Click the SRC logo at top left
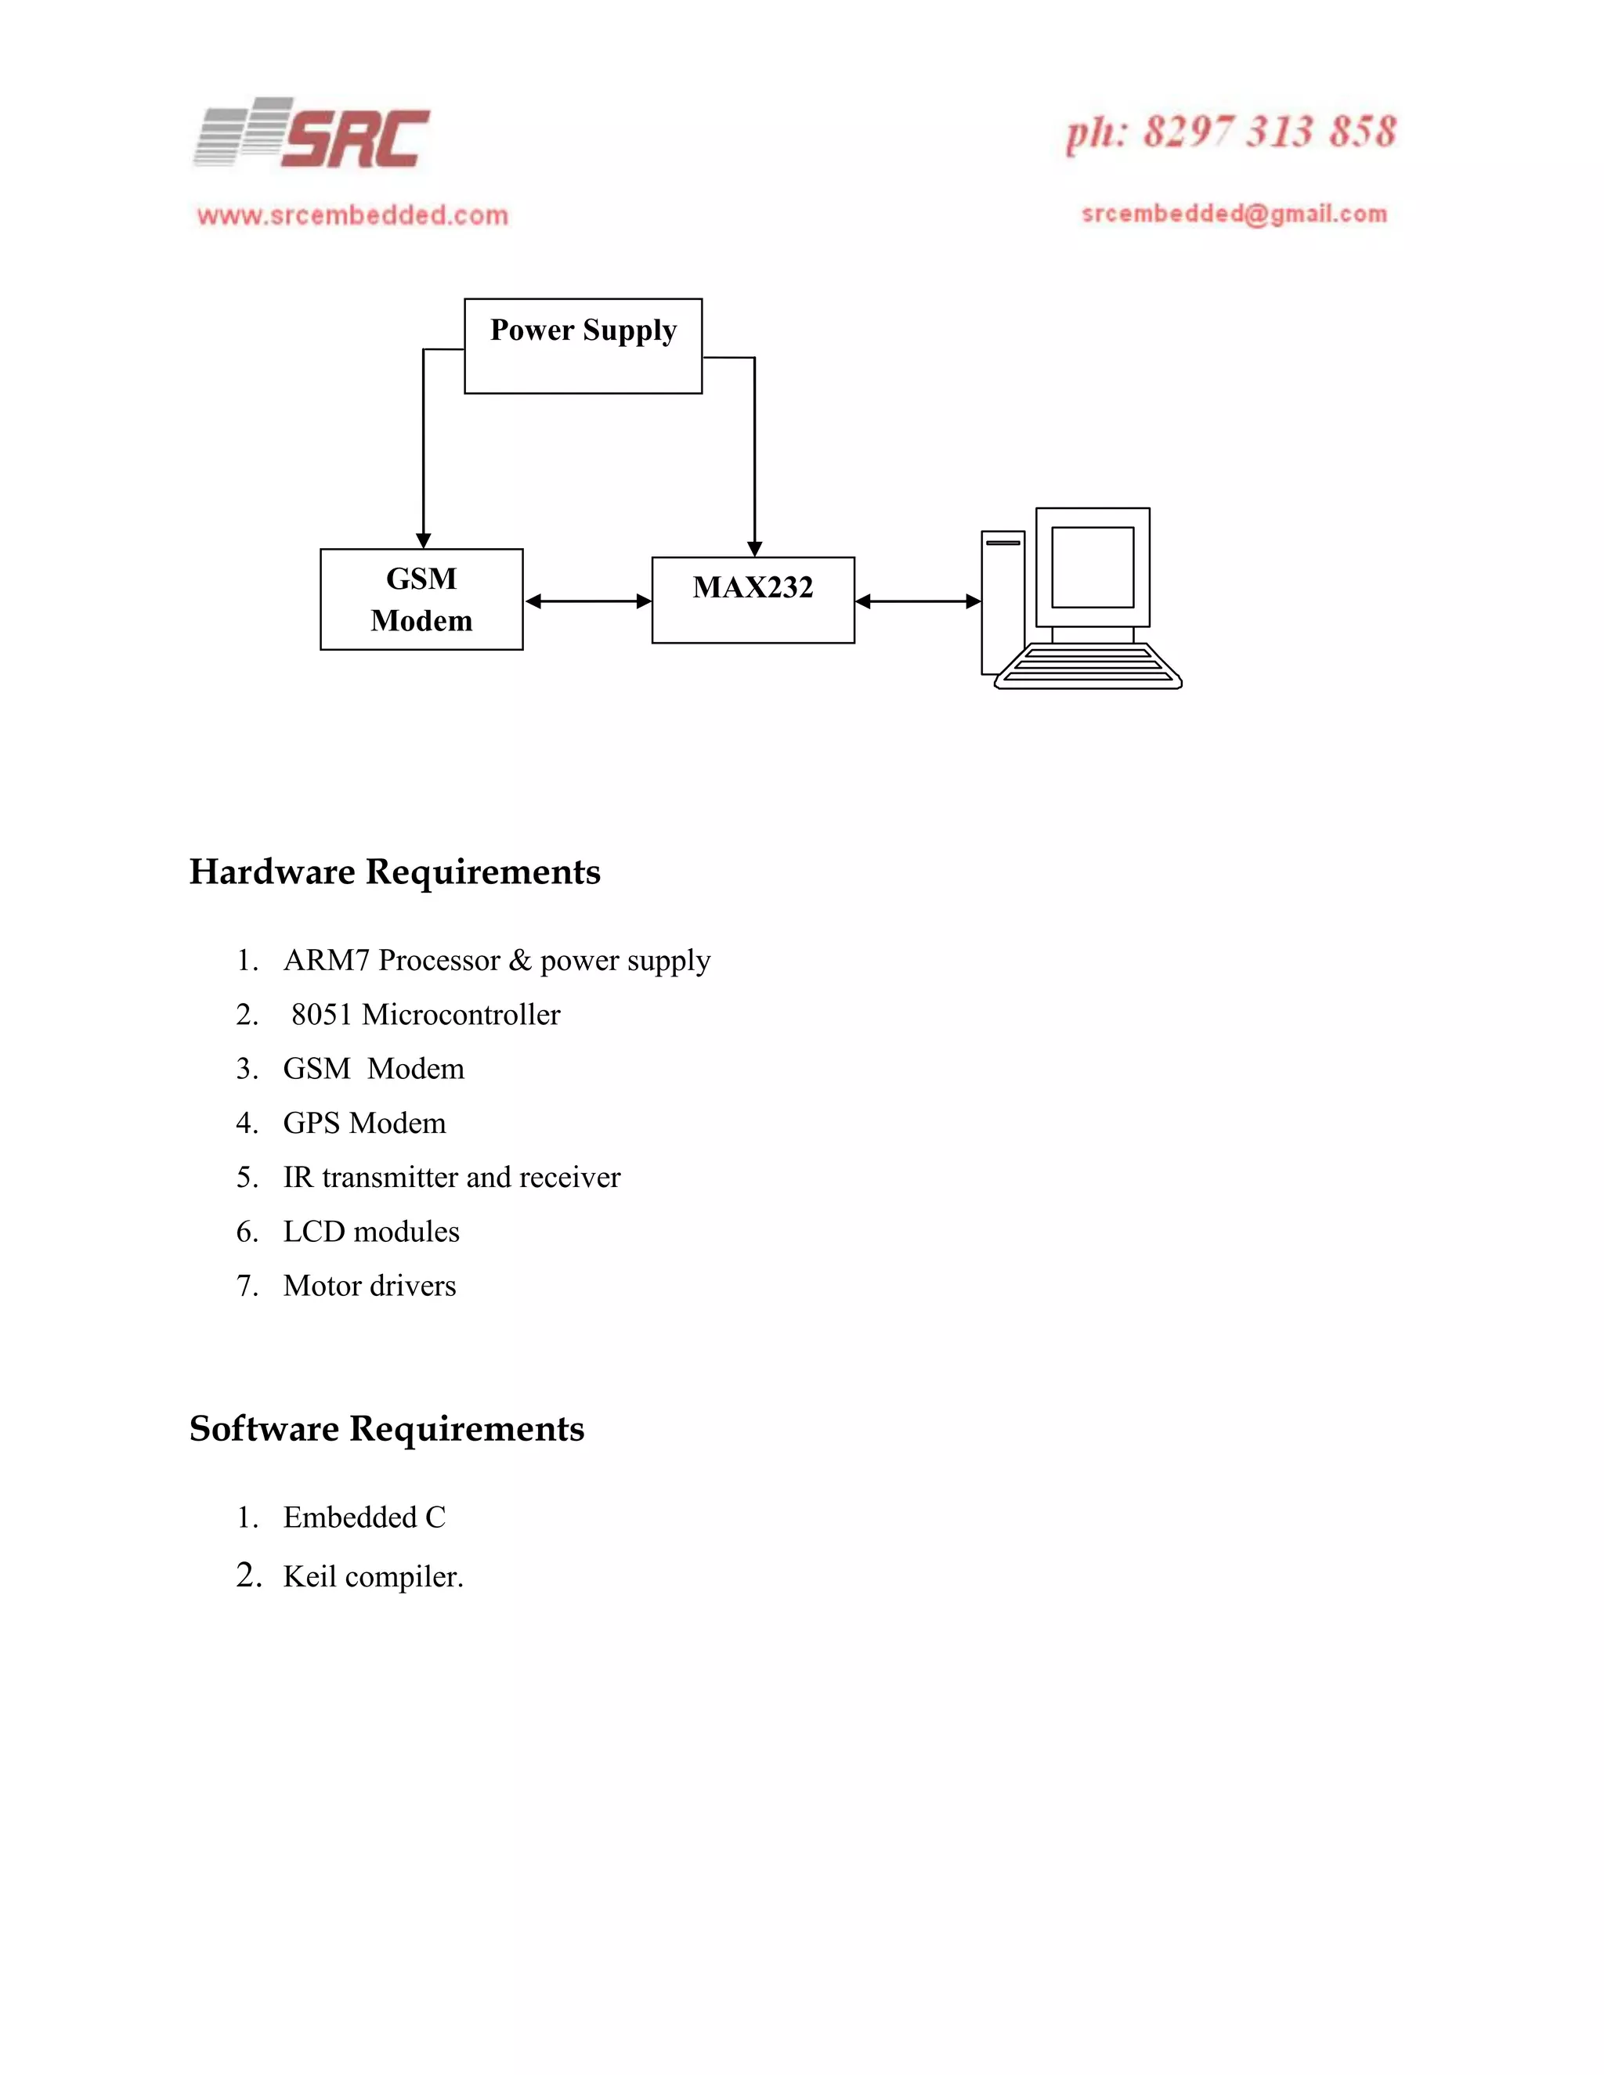[x=312, y=134]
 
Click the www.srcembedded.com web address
[x=352, y=215]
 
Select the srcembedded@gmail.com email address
[x=1234, y=214]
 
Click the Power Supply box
[x=583, y=346]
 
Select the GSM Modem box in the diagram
[x=421, y=600]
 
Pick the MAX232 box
[x=753, y=600]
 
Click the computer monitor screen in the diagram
[x=1092, y=567]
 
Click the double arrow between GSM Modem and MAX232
[x=587, y=601]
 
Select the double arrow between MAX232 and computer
[x=917, y=601]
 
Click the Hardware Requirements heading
[x=395, y=871]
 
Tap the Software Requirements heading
[x=387, y=1428]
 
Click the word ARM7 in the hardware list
[x=326, y=961]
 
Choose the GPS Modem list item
[x=364, y=1123]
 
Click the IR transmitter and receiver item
[x=451, y=1177]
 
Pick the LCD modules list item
[x=370, y=1232]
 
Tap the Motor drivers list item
[x=370, y=1286]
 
